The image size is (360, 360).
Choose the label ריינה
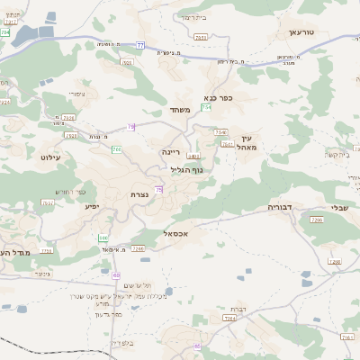click(171, 152)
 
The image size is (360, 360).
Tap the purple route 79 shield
click(131, 127)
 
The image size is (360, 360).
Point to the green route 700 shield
click(116, 148)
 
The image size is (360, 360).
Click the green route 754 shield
click(206, 108)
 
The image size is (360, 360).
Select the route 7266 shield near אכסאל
click(138, 247)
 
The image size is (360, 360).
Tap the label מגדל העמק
click(16, 253)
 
